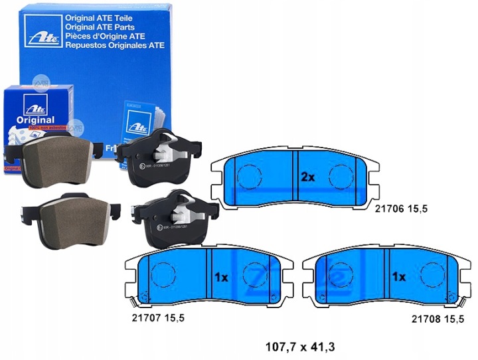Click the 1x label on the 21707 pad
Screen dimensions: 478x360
(220, 277)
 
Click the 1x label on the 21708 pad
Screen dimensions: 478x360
(398, 276)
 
